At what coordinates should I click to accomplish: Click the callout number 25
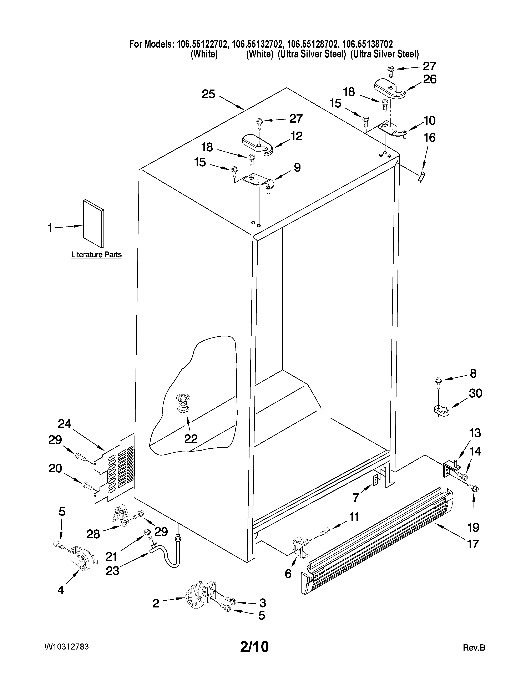click(208, 94)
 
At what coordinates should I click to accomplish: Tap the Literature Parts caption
click(96, 254)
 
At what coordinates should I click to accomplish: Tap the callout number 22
click(191, 438)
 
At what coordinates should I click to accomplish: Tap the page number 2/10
click(254, 647)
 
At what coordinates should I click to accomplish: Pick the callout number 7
click(355, 498)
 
